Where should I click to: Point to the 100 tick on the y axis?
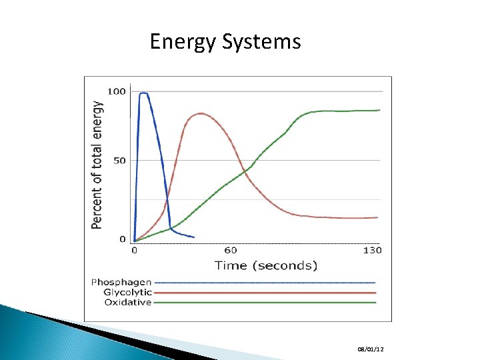coord(117,91)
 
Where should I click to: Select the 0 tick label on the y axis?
coord(123,239)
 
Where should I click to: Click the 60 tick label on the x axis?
coord(230,251)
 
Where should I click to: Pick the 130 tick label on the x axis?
coord(372,251)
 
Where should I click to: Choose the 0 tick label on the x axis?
coord(134,251)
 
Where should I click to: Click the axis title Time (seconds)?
coord(266,265)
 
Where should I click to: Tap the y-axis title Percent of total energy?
coord(98,165)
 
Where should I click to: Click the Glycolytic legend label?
coord(128,293)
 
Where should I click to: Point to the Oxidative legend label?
coord(128,303)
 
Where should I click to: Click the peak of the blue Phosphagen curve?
coord(143,93)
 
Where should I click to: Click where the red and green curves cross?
coord(245,171)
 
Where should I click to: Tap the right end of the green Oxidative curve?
coord(379,110)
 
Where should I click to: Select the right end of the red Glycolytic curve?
coord(377,217)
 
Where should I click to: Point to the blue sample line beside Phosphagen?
coord(267,283)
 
